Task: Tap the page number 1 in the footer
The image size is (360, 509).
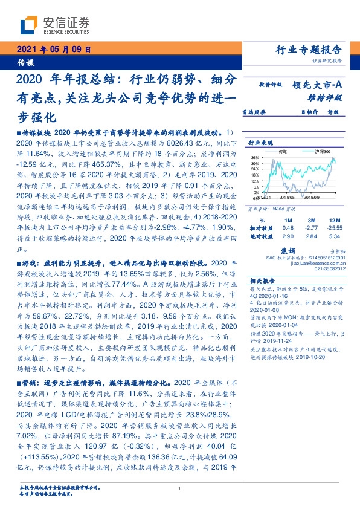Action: click(180, 490)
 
